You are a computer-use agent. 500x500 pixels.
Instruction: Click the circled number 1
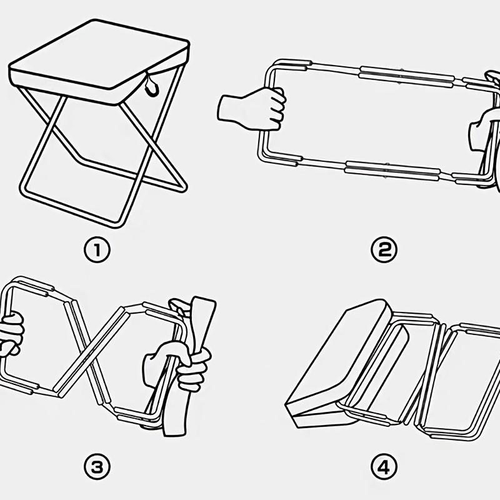(x=97, y=250)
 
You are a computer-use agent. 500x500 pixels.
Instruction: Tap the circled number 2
(x=384, y=250)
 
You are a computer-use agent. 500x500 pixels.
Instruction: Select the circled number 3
(x=97, y=466)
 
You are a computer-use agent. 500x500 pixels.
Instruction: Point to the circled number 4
(x=384, y=466)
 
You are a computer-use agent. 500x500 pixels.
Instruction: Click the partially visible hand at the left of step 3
(x=11, y=334)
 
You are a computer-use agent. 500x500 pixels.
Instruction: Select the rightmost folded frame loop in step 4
(x=466, y=375)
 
